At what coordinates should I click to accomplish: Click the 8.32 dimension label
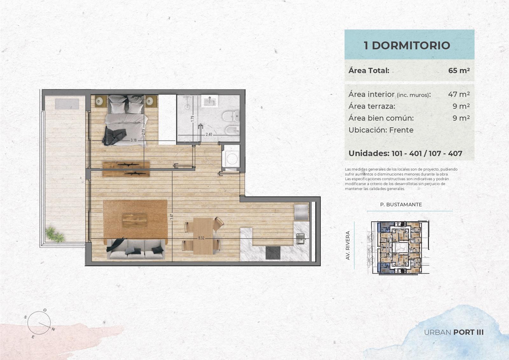click(x=201, y=238)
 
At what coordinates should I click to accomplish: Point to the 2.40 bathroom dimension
click(x=209, y=135)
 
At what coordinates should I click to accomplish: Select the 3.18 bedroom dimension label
click(x=134, y=140)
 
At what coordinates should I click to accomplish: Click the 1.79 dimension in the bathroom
click(x=192, y=119)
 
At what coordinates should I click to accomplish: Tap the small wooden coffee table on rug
click(x=135, y=220)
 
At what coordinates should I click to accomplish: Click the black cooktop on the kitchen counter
click(x=273, y=253)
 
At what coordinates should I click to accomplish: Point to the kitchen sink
click(x=300, y=239)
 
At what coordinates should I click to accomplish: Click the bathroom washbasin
click(x=209, y=101)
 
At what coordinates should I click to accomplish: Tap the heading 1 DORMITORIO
click(x=407, y=45)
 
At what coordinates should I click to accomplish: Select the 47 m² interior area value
click(x=459, y=94)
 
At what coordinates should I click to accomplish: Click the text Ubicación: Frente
click(x=381, y=130)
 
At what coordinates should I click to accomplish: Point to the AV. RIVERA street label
click(x=347, y=246)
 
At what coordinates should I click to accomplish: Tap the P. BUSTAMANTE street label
click(x=401, y=204)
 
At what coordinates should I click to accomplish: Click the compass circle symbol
click(x=39, y=323)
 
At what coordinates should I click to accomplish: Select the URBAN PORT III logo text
click(x=454, y=332)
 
